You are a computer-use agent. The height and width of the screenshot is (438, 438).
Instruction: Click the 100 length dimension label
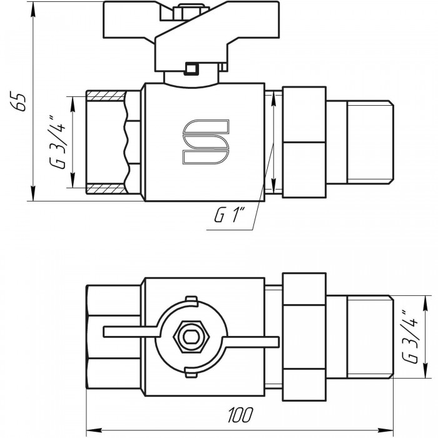tap(240, 415)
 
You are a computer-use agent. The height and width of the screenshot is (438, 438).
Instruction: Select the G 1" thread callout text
tap(229, 215)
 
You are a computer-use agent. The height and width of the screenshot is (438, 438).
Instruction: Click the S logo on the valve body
tap(206, 141)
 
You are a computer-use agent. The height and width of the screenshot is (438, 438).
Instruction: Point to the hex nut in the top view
tap(191, 337)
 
